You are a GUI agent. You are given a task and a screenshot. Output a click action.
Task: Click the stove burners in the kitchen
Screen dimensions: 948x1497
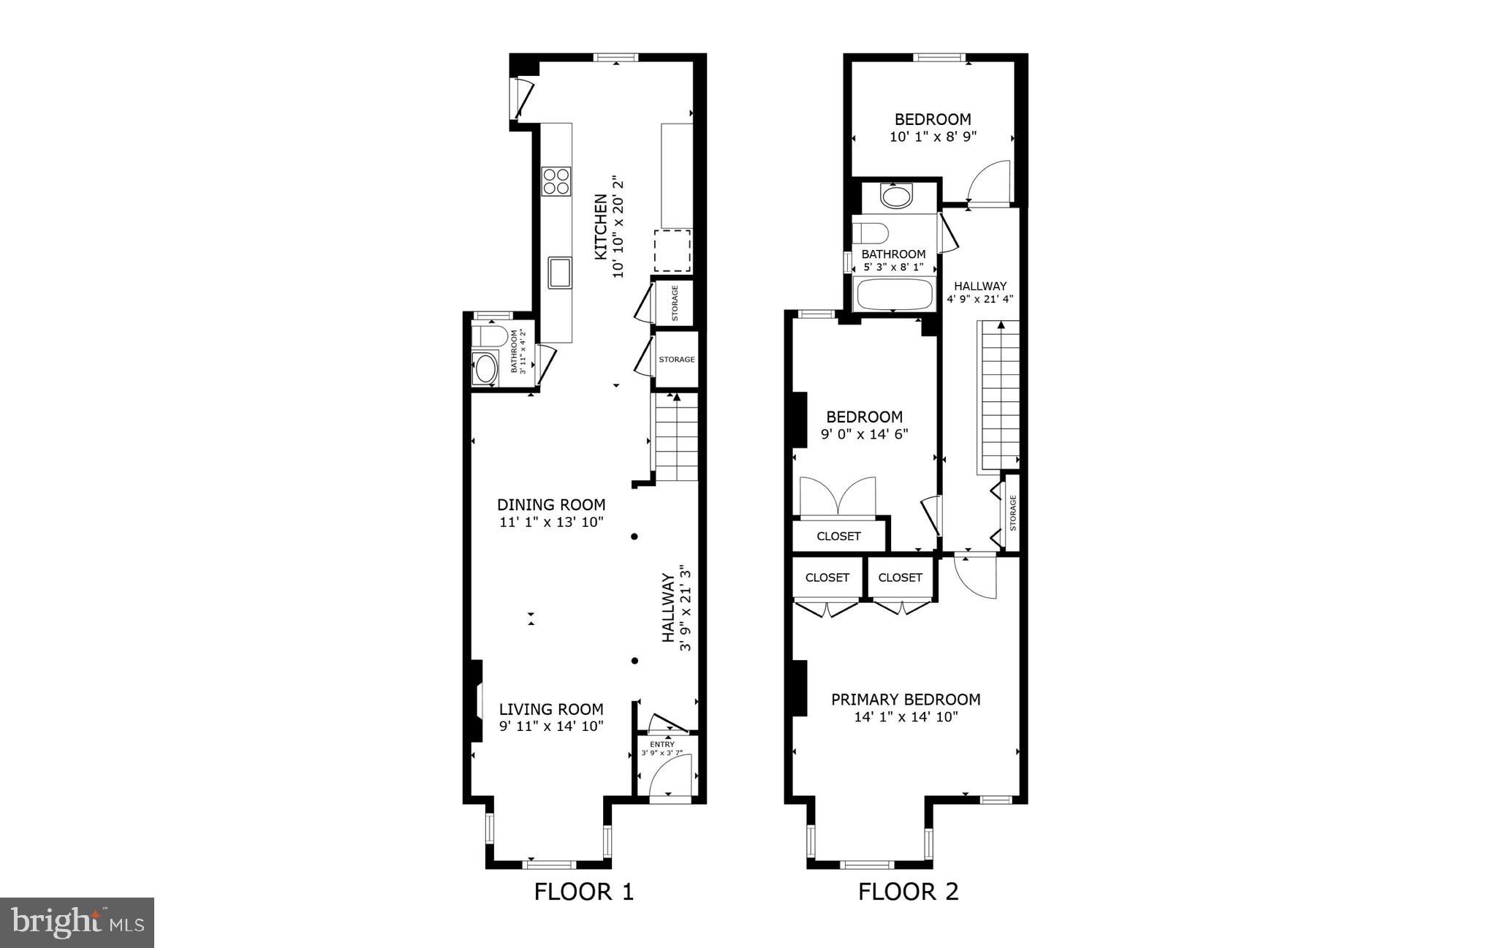pyautogui.click(x=556, y=181)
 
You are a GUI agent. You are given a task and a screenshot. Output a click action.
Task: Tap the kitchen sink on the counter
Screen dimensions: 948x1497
pyautogui.click(x=561, y=272)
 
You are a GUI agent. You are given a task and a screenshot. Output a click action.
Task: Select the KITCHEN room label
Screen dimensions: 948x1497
pyautogui.click(x=600, y=227)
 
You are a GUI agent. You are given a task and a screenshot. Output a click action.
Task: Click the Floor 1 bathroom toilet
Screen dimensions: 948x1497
pyautogui.click(x=488, y=337)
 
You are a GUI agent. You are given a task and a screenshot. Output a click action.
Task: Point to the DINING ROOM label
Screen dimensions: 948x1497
pyautogui.click(x=551, y=505)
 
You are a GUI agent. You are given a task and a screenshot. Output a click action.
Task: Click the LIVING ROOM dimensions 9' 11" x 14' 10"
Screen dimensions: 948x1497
pyautogui.click(x=551, y=727)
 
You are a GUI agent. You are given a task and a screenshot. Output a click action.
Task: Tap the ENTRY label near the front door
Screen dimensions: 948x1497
pyautogui.click(x=662, y=745)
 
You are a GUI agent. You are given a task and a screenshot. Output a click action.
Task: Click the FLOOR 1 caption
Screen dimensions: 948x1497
pyautogui.click(x=584, y=892)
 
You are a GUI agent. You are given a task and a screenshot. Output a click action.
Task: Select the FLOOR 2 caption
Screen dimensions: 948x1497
pyautogui.click(x=908, y=892)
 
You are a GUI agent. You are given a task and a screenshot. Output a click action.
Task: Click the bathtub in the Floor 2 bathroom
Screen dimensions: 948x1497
pyautogui.click(x=895, y=295)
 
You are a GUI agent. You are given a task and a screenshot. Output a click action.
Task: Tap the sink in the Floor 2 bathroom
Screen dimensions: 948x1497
pyautogui.click(x=897, y=196)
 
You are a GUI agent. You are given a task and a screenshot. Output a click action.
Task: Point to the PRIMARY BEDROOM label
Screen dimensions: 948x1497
pyautogui.click(x=906, y=699)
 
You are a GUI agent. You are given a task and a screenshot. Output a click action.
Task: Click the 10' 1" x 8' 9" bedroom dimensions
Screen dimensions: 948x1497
pyautogui.click(x=933, y=137)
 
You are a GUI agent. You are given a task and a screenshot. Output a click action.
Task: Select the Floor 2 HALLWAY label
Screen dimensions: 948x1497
pyautogui.click(x=979, y=286)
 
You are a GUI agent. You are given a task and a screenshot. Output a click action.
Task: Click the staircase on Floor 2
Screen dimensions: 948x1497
pyautogui.click(x=998, y=395)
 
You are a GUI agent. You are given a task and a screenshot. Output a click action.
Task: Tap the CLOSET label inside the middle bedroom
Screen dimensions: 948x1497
pyautogui.click(x=838, y=536)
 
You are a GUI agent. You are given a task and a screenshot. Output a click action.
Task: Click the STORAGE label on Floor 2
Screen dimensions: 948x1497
pyautogui.click(x=1013, y=512)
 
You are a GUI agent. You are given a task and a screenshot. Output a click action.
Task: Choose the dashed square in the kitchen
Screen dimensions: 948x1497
pyautogui.click(x=672, y=251)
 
